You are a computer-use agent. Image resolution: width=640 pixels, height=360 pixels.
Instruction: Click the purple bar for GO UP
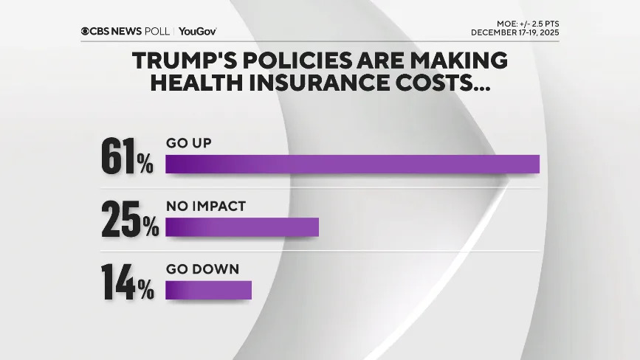(x=352, y=164)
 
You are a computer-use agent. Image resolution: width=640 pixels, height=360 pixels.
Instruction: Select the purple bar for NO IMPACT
(x=241, y=227)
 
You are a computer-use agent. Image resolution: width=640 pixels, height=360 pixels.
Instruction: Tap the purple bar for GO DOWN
(x=208, y=290)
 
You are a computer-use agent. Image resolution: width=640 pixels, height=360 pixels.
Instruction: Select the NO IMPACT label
(x=205, y=206)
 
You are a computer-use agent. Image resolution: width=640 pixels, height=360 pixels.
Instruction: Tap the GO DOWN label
(x=202, y=269)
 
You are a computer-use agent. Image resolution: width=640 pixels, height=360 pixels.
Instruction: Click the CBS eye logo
(x=86, y=31)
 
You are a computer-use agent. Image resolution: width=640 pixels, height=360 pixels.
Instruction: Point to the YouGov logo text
(x=197, y=31)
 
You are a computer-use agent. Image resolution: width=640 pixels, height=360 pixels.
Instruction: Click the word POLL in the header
(x=159, y=31)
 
